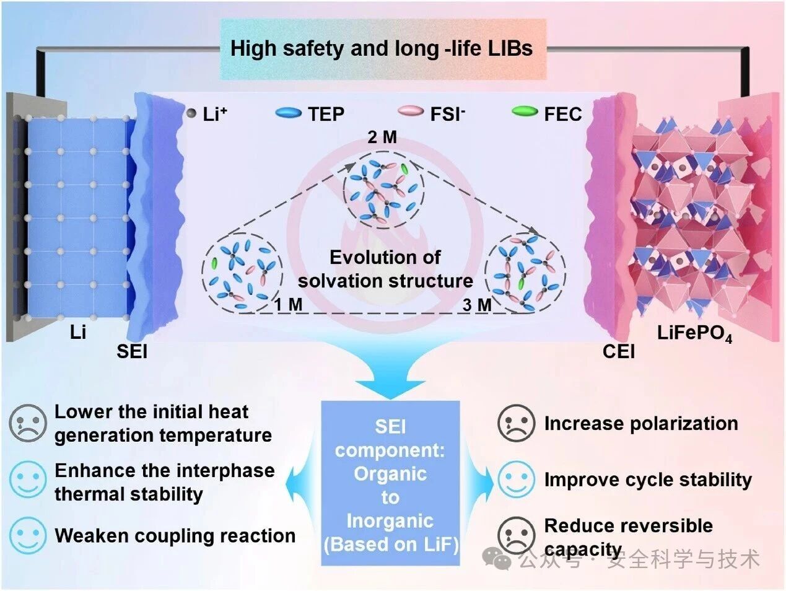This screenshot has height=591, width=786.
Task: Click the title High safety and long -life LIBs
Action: point(382,48)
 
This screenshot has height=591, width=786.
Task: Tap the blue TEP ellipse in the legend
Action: point(288,113)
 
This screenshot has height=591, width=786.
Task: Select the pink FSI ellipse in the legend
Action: point(411,111)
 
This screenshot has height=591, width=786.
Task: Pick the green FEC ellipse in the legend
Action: point(525,112)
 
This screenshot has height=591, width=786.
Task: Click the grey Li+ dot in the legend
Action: point(191,113)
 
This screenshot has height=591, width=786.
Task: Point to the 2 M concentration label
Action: point(382,137)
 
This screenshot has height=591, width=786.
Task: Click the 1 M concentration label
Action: point(288,304)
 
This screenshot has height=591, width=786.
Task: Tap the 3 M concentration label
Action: point(477,305)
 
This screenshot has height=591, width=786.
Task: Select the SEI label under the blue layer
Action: point(132,351)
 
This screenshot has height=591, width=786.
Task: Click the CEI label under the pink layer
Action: point(618,351)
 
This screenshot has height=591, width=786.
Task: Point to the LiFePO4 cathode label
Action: point(695,334)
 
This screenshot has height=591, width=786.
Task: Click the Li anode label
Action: point(77,332)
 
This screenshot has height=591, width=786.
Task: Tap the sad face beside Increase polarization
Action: point(516,422)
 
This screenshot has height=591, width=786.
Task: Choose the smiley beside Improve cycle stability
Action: point(516,479)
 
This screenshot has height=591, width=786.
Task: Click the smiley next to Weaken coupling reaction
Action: point(28,535)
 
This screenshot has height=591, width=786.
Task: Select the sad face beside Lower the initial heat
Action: point(28,422)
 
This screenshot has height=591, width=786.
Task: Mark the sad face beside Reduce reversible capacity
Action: point(516,535)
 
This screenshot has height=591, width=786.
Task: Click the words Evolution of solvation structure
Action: point(385,269)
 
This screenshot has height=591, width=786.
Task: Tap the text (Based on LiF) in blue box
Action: point(391,545)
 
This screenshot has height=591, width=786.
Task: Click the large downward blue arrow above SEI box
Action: point(390,372)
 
